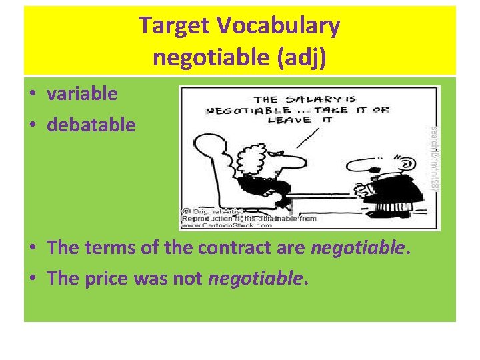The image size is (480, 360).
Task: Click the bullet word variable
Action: tap(82, 93)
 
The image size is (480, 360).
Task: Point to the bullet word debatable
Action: tap(91, 124)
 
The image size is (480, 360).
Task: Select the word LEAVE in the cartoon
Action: tap(289, 121)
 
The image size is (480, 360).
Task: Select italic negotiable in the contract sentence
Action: tap(359, 249)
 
